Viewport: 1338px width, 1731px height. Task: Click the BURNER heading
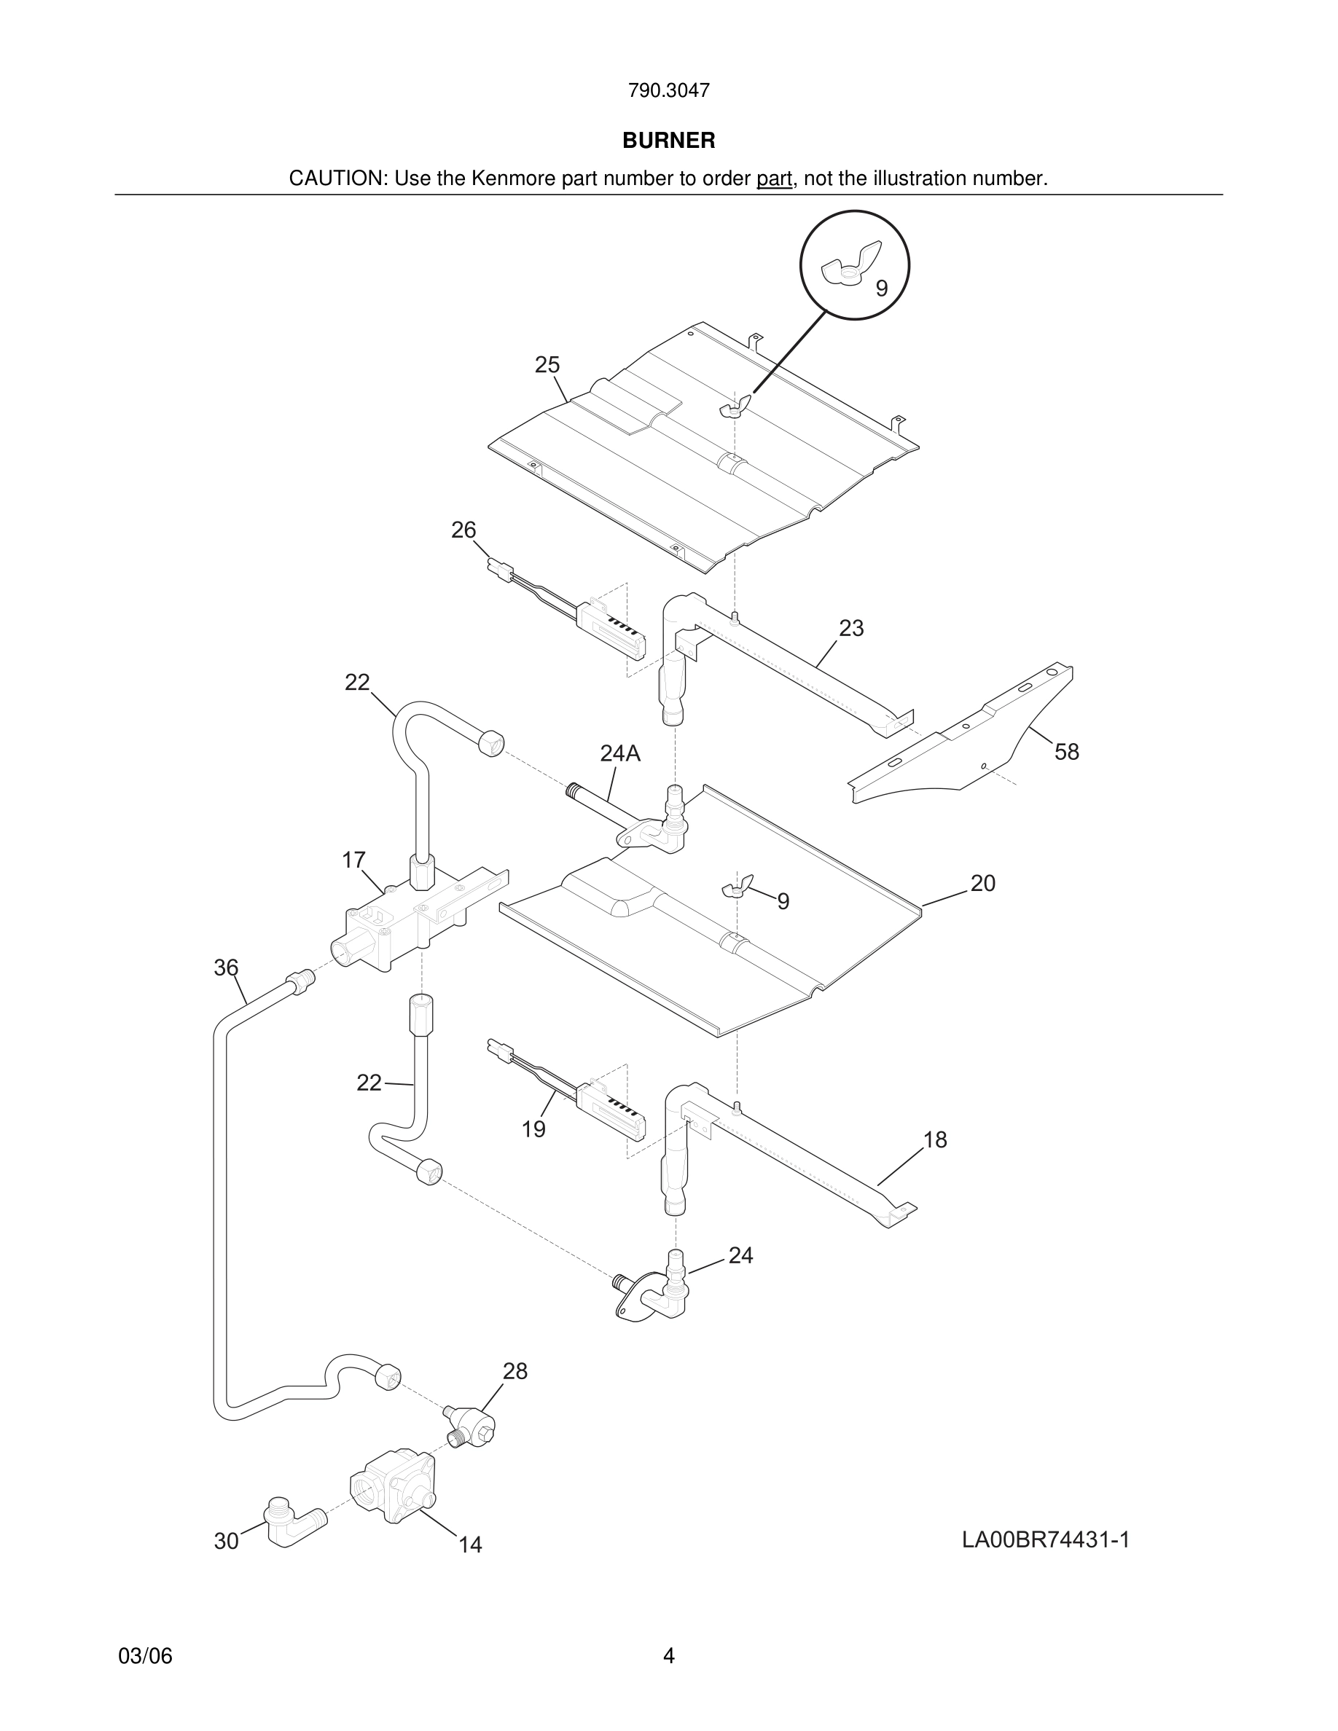668,141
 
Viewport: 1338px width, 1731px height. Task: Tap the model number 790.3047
668,91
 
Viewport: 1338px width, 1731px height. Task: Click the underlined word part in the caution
774,179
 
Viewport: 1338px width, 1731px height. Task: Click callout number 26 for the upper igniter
463,530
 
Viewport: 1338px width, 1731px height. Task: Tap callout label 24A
620,754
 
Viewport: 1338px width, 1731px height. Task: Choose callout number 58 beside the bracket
1066,752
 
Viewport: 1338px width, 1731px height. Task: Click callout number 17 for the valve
353,860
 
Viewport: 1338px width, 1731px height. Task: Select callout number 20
982,883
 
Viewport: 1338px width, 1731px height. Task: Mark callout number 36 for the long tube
226,967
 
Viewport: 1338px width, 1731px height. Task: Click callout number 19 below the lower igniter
533,1129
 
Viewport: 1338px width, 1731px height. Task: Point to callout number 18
935,1139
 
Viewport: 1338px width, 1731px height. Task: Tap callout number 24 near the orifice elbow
740,1255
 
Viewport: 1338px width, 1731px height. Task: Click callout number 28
515,1371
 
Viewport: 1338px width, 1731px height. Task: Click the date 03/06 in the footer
145,1657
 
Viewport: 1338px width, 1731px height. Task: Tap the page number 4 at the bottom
668,1657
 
